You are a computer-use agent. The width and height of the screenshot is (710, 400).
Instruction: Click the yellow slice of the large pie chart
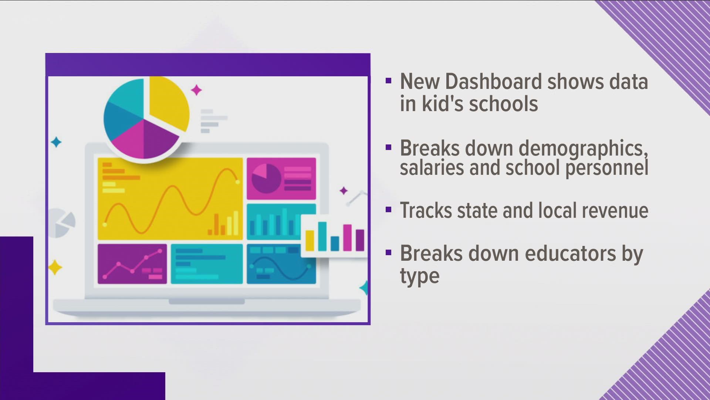tap(168, 102)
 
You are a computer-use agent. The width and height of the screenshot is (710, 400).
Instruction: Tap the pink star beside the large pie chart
tap(196, 90)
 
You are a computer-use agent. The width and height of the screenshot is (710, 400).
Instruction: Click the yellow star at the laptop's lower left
tap(55, 267)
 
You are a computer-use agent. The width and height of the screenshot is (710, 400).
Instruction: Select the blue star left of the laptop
tap(56, 142)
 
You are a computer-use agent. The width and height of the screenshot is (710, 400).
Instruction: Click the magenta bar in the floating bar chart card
tap(347, 237)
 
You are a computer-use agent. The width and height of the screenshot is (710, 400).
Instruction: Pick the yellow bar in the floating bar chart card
tap(310, 240)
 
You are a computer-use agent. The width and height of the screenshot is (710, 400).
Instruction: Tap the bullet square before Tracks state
tap(388, 210)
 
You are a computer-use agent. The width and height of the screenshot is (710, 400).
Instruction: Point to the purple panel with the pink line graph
tap(132, 264)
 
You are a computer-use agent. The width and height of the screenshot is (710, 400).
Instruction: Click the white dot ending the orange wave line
tap(238, 182)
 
